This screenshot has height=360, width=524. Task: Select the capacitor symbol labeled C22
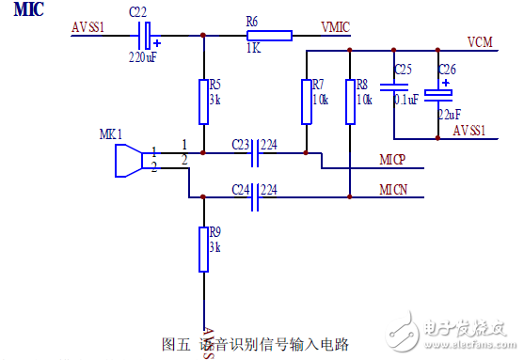(145, 36)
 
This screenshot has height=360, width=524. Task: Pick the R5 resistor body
(203, 102)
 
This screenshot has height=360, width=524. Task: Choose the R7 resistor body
(307, 102)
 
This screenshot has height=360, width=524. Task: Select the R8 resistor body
(349, 102)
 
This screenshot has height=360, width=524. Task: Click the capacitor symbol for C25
(393, 87)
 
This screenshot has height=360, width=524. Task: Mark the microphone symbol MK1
(127, 159)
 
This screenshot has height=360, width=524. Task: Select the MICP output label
(392, 161)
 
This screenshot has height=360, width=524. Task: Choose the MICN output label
(392, 191)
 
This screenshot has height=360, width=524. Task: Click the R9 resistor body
(203, 249)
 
